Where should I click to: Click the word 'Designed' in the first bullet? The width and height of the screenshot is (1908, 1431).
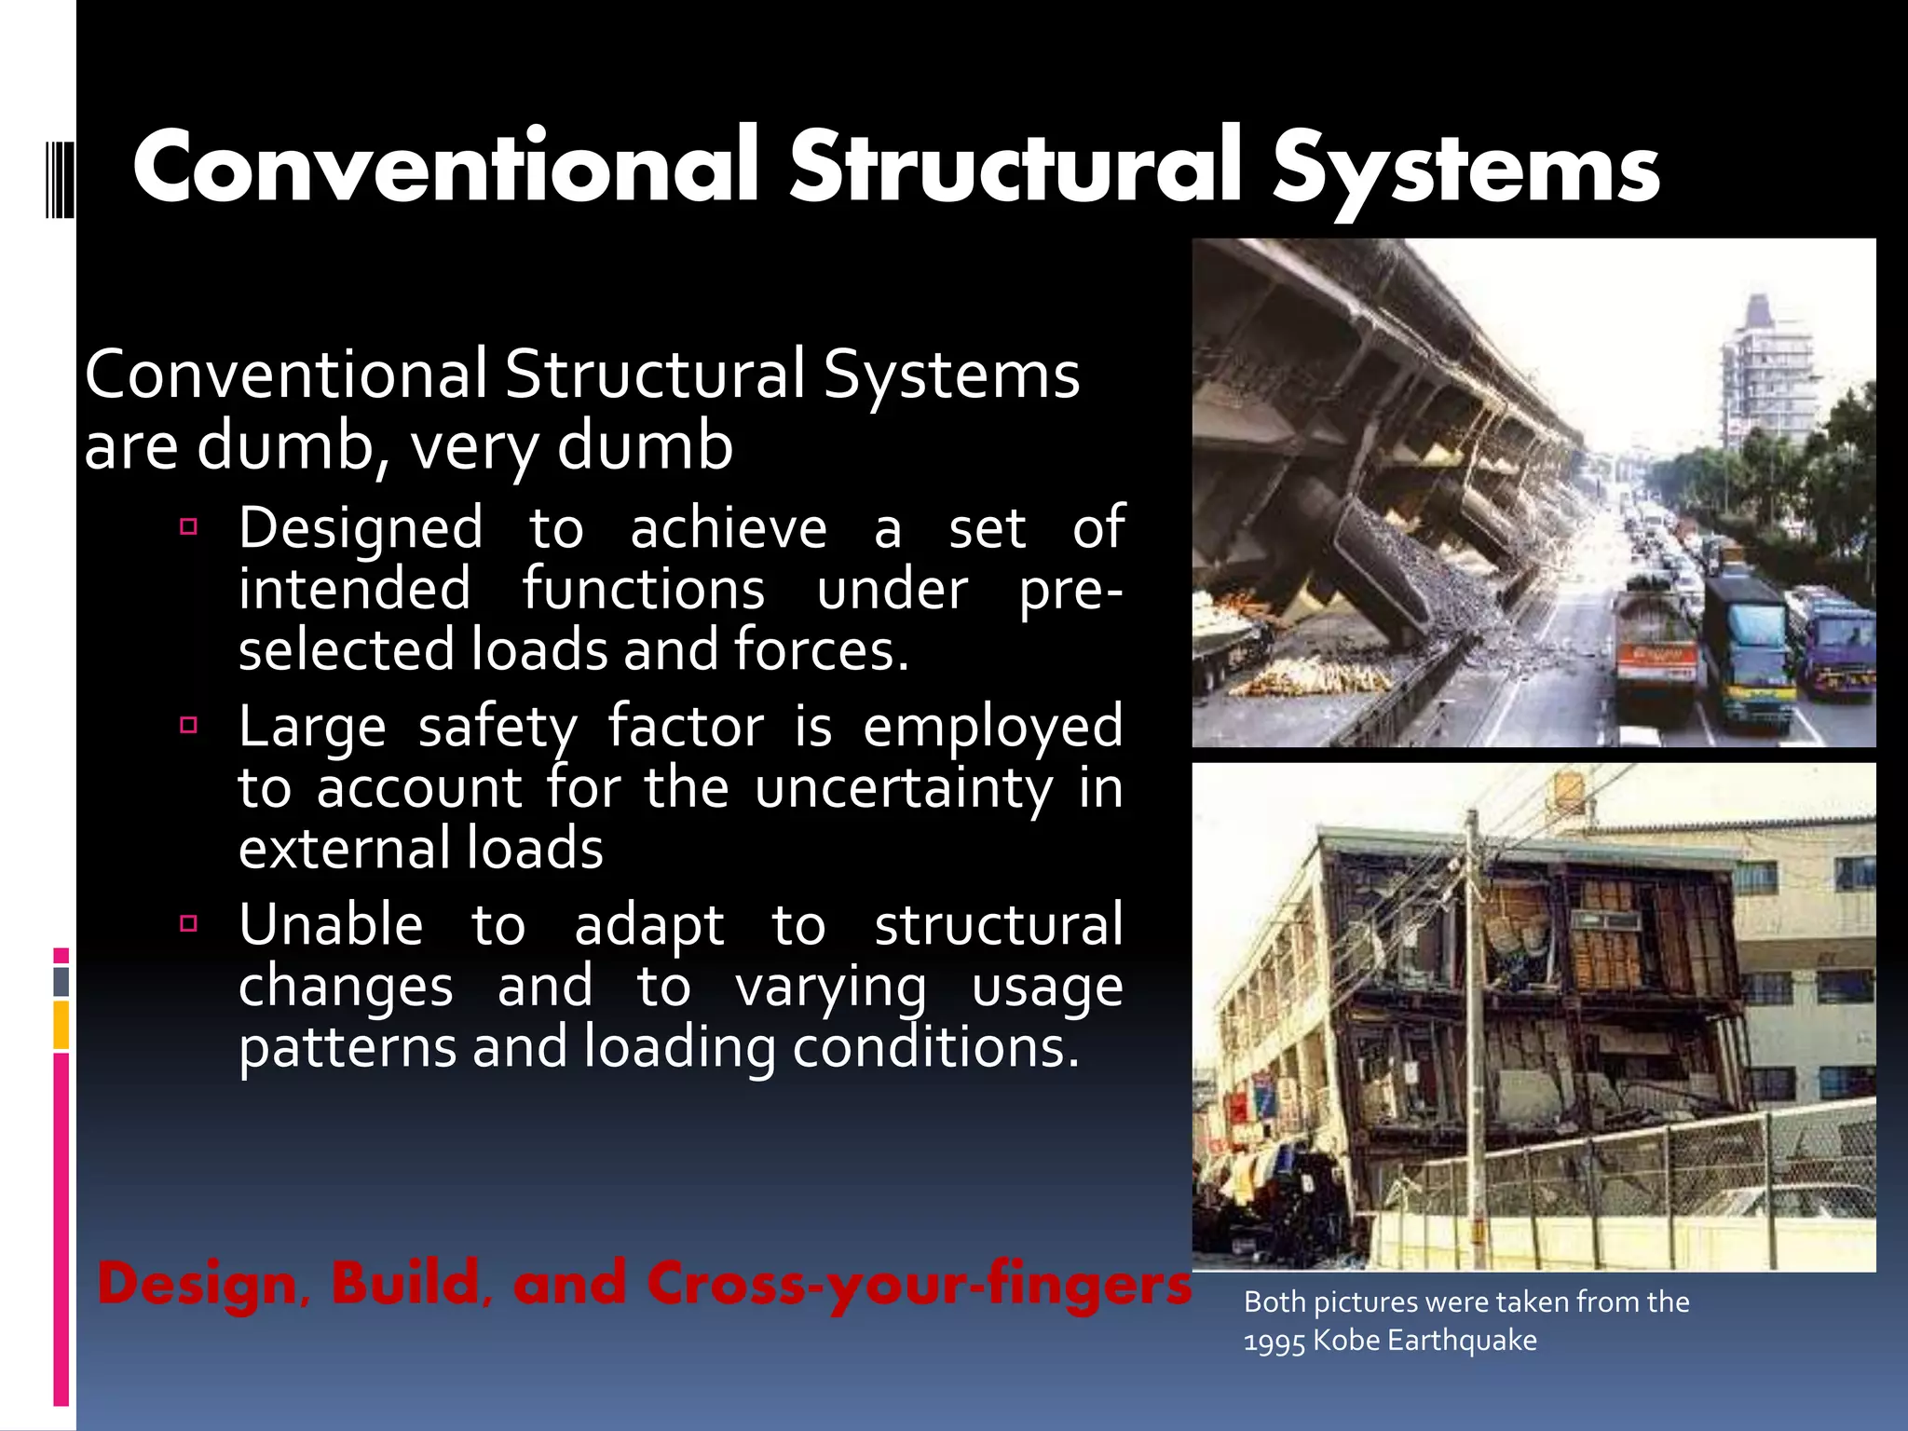(361, 529)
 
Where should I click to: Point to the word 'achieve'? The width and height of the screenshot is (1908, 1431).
(729, 529)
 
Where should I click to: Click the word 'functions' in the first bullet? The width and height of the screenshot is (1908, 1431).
(643, 591)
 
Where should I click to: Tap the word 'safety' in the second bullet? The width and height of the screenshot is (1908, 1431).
(497, 728)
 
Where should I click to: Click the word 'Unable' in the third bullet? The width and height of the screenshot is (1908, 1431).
(331, 926)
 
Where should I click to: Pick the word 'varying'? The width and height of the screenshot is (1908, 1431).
(831, 988)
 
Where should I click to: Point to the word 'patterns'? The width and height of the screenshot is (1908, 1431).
(347, 1048)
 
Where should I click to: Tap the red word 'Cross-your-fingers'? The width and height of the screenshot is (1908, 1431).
(919, 1284)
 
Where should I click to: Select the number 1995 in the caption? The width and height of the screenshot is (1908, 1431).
(1274, 1342)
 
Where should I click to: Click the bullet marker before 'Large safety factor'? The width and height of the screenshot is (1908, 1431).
(189, 725)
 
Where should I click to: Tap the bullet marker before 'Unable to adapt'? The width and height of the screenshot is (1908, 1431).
(189, 923)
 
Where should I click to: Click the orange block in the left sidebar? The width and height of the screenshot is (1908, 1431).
(61, 1025)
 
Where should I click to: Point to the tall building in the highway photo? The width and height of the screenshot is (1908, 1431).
(1766, 373)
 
